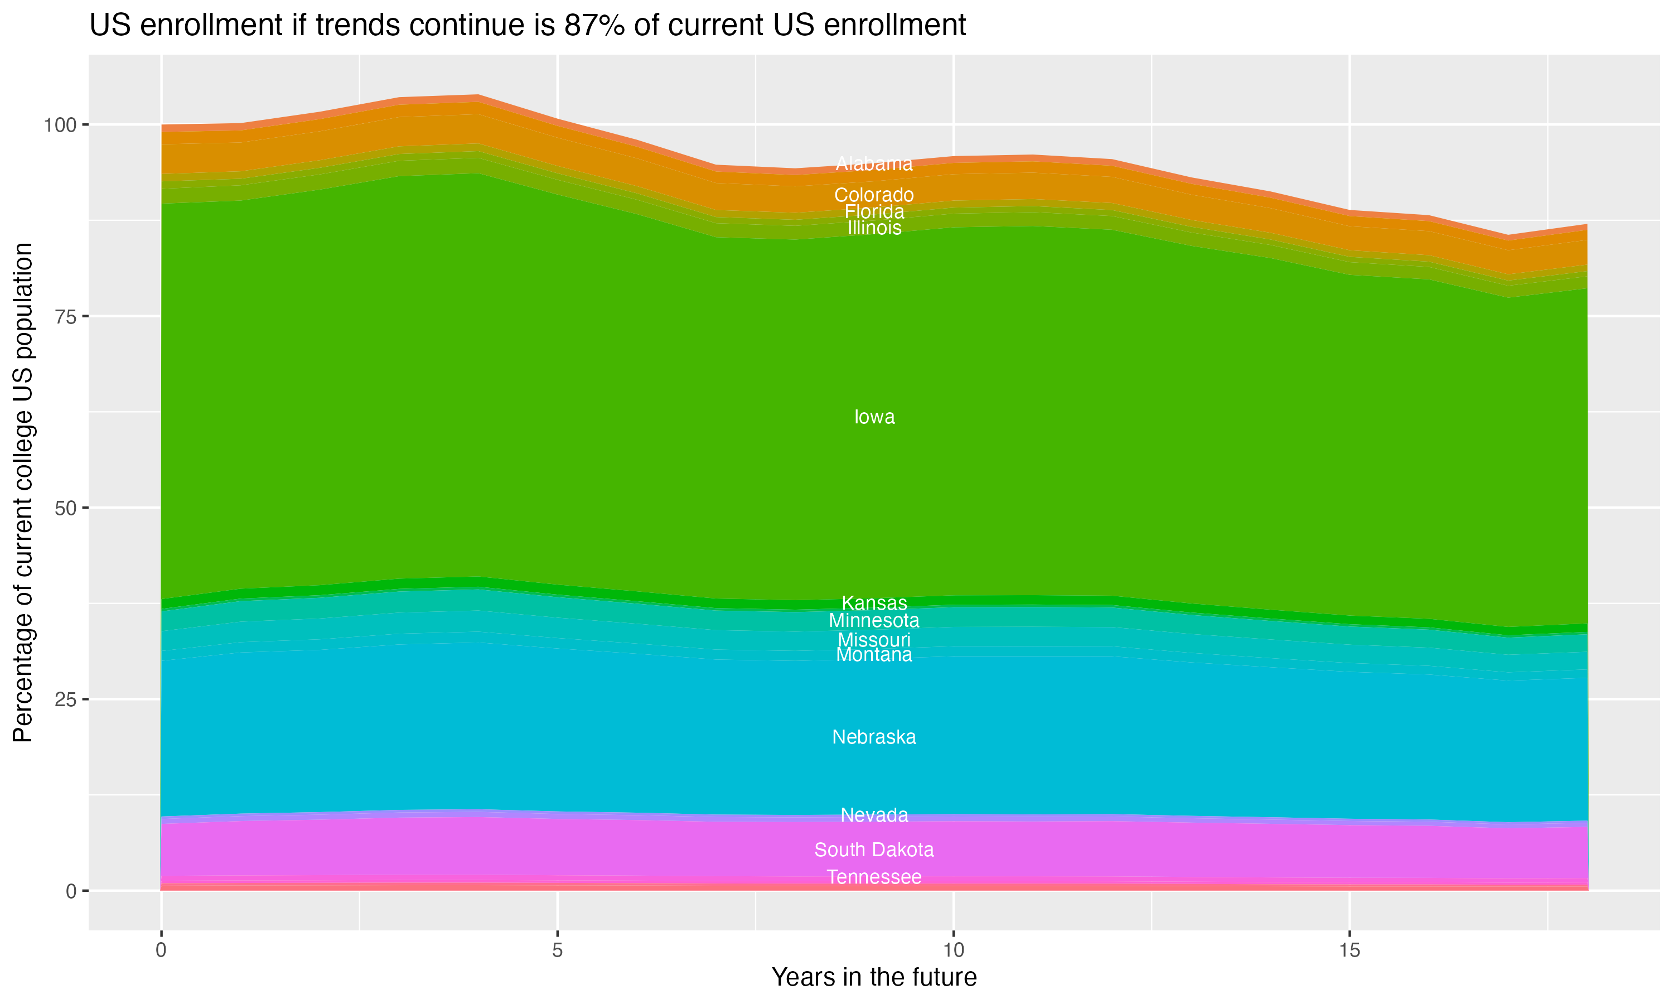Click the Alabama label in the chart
874,164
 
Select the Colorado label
874,195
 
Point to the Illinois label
874,228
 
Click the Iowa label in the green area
874,417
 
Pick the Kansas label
874,603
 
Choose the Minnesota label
874,620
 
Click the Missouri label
874,640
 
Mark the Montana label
874,655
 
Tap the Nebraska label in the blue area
874,737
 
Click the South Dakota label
874,849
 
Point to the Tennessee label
874,877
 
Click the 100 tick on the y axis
61,125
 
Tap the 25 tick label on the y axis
66,699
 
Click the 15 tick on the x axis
1349,950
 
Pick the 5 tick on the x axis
557,950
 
